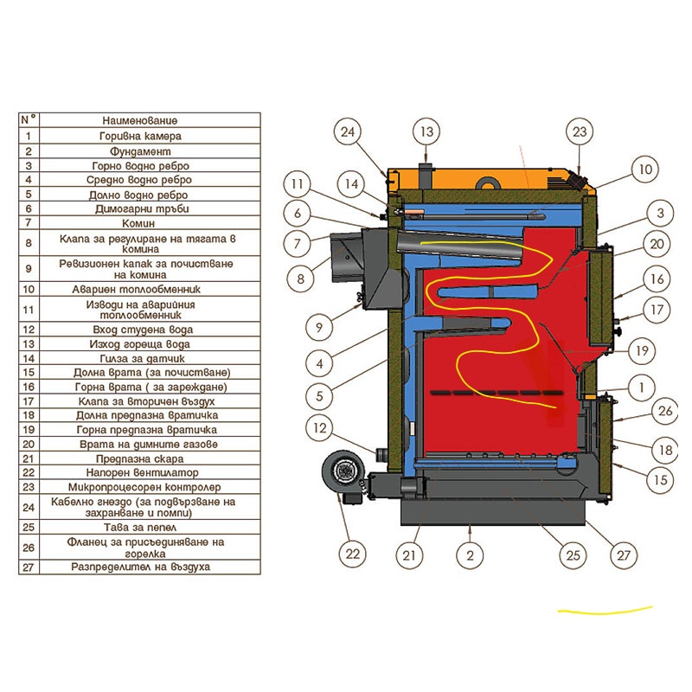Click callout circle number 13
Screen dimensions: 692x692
426,132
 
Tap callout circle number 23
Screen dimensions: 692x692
580,132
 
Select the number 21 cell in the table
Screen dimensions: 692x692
29,458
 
